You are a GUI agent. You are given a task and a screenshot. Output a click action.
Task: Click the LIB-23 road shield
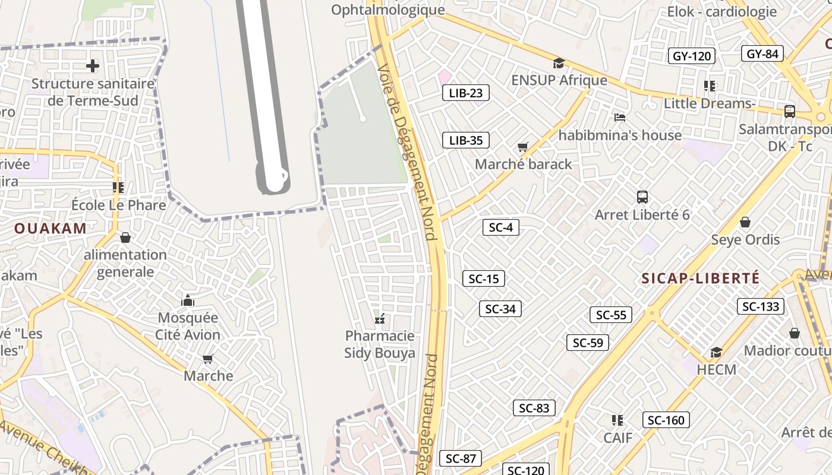(466, 93)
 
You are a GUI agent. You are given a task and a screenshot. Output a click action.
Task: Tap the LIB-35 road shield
(466, 140)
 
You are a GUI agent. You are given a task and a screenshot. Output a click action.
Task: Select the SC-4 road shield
(500, 227)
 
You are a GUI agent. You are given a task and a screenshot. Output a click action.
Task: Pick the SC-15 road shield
(484, 278)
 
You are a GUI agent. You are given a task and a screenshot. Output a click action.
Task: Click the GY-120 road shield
(692, 56)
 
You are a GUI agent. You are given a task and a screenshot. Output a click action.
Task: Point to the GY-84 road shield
(762, 53)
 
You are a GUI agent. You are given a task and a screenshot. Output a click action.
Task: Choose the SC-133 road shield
(761, 306)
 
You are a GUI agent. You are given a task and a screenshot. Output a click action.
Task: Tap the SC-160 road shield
(666, 420)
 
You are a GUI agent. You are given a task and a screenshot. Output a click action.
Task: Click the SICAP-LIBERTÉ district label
(701, 278)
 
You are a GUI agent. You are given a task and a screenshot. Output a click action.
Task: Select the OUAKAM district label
(51, 228)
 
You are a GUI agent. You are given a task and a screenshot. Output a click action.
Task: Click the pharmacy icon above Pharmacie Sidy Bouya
(380, 319)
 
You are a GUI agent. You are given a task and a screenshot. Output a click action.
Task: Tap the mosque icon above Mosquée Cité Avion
(188, 300)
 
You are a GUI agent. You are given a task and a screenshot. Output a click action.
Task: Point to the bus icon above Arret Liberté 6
(642, 197)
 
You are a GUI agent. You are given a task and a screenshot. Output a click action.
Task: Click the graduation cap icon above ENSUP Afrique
(559, 63)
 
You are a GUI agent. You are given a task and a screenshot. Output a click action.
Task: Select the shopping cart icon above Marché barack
(523, 147)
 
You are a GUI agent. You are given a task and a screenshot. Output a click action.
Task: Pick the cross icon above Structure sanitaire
(93, 65)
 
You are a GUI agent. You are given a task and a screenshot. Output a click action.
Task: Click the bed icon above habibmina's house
(620, 118)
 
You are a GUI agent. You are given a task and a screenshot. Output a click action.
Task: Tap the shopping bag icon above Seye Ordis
(745, 222)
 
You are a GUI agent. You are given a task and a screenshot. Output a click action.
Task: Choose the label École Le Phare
(119, 205)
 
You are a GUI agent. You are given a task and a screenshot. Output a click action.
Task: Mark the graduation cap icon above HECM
(716, 352)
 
